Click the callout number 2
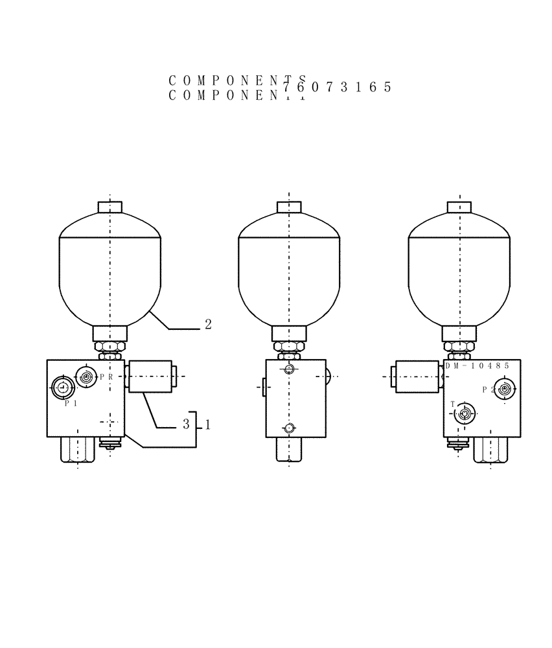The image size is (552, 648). click(208, 324)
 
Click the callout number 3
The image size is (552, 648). click(186, 425)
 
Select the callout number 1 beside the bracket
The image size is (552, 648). click(207, 425)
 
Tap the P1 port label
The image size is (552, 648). click(71, 402)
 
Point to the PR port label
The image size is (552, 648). click(106, 376)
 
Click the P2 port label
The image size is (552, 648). click(489, 389)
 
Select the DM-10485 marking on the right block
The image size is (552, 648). click(477, 365)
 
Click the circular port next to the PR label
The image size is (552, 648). click(86, 375)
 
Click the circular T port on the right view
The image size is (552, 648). click(464, 413)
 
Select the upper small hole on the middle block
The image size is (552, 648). click(289, 369)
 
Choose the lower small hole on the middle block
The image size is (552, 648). click(289, 427)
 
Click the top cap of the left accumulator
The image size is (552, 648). click(110, 207)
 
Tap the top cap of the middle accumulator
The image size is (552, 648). click(289, 207)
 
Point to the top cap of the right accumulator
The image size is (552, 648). click(459, 207)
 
